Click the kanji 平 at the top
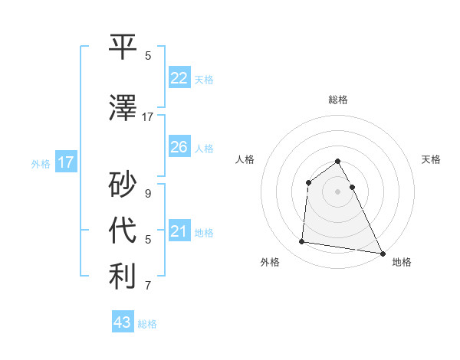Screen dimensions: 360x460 point(123,47)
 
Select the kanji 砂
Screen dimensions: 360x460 point(123,185)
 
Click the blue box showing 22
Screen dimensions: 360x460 point(179,78)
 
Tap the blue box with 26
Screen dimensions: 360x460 point(179,147)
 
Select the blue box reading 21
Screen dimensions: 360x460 point(179,231)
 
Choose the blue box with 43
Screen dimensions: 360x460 point(122,322)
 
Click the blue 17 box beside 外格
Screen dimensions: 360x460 point(65,162)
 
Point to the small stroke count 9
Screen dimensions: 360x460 point(148,194)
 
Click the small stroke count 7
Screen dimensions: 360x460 point(148,286)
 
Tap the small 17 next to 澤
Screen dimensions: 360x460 point(147,117)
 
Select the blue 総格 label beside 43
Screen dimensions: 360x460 point(147,324)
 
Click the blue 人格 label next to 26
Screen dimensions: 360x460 point(204,149)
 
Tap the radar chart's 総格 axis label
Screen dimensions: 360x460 point(337,100)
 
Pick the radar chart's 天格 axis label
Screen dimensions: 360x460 point(431,159)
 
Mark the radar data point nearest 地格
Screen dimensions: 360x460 point(383,254)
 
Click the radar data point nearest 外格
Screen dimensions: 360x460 point(302,242)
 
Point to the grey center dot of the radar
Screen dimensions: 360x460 point(337,191)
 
